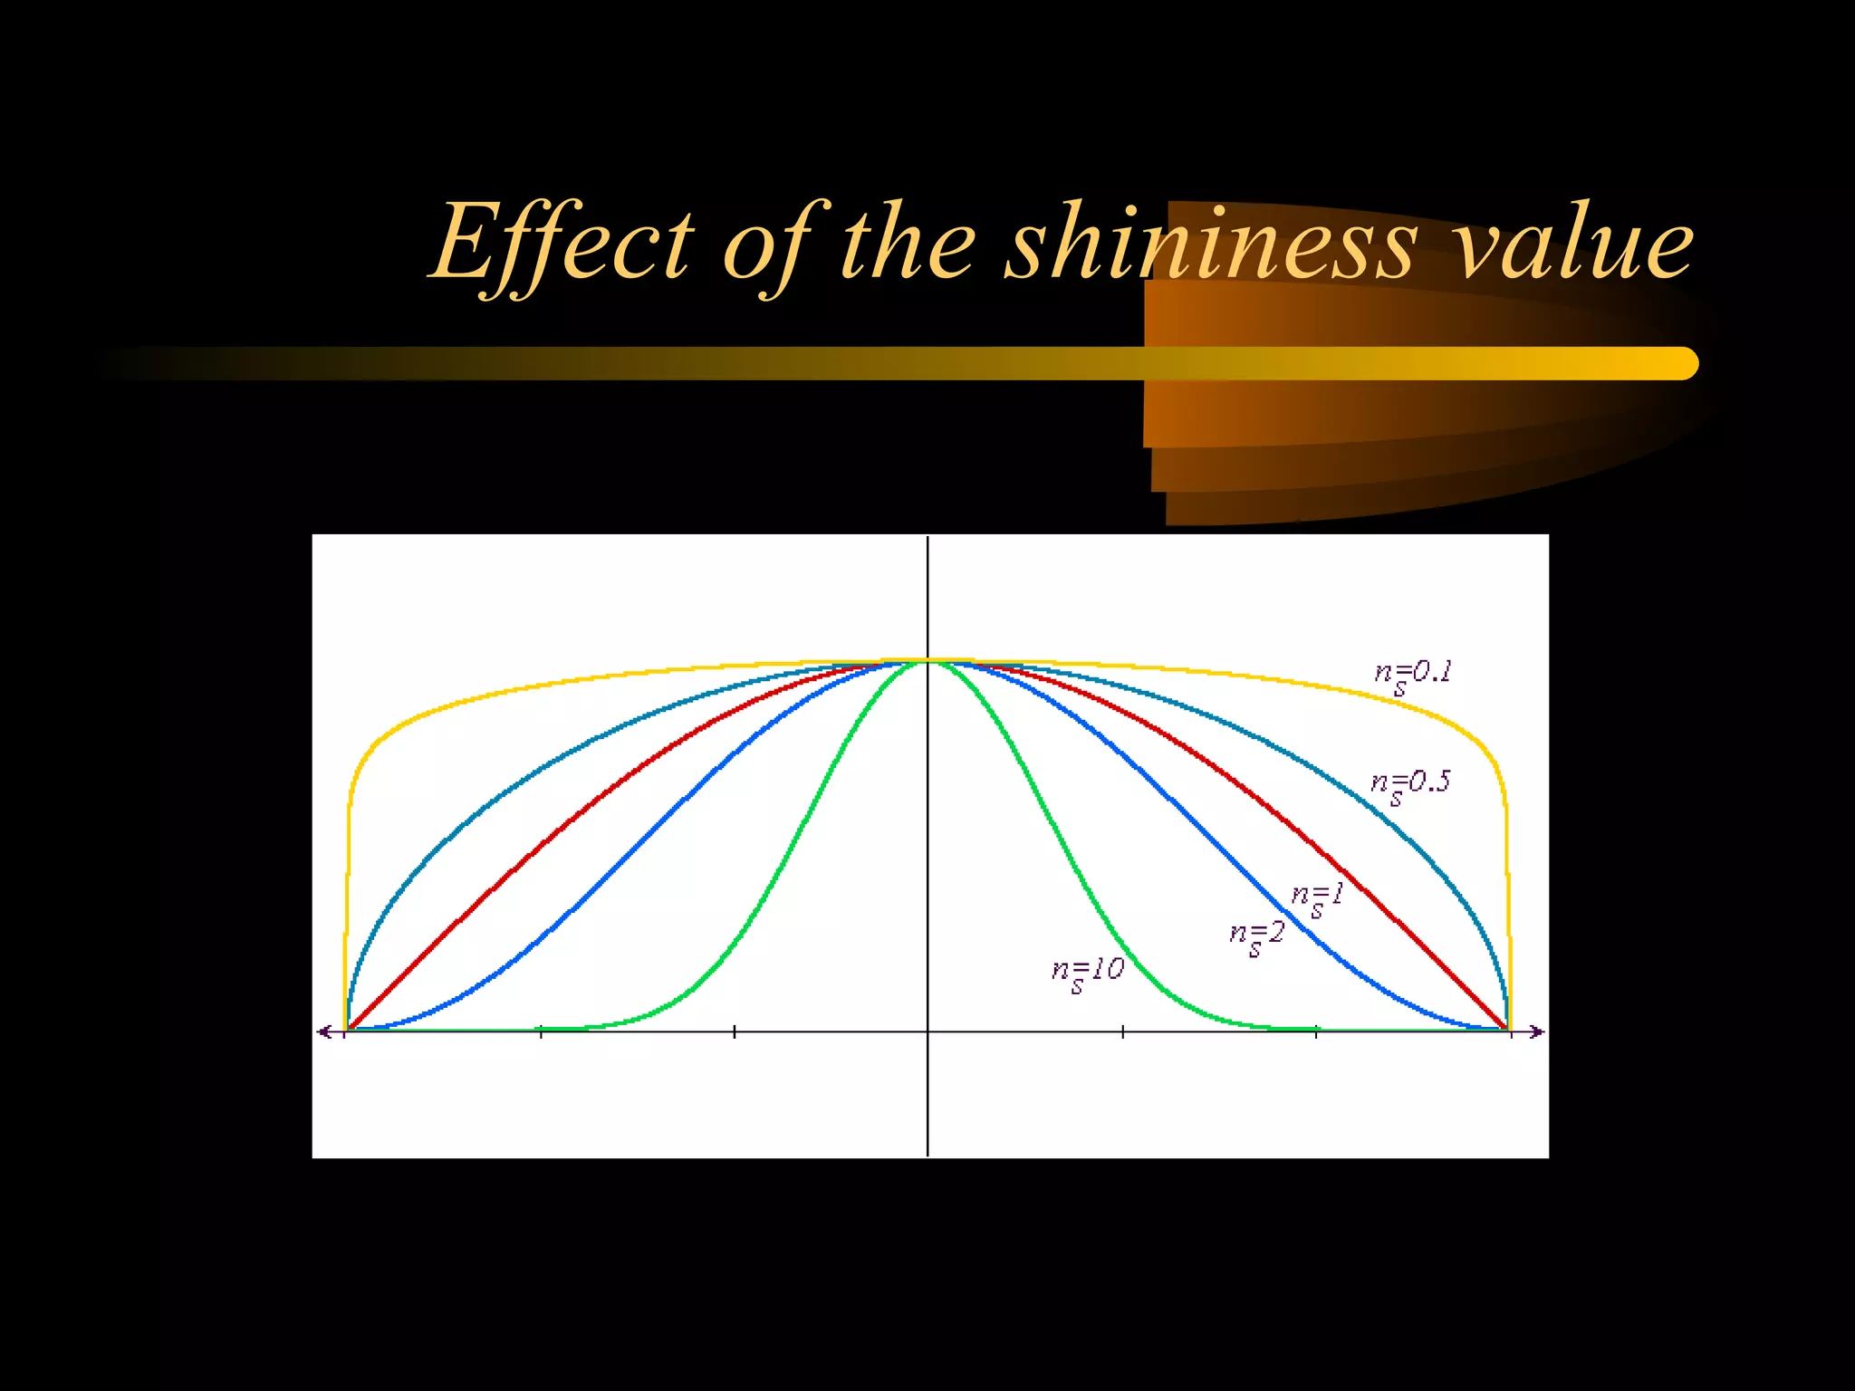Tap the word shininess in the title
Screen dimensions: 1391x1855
pos(1210,243)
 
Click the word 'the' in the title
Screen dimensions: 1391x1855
pos(908,243)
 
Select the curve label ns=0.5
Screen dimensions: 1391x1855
pos(1410,785)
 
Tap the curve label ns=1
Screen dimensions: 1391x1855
pos(1318,899)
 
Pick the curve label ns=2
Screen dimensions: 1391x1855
pos(1257,936)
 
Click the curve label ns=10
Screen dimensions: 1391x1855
pos(1088,974)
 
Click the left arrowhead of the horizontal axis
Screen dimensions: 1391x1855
pos(322,1031)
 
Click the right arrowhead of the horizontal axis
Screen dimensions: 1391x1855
pos(1536,1031)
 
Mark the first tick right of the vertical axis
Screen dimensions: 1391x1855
pos(1123,1031)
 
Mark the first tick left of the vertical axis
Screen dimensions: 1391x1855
pos(735,1031)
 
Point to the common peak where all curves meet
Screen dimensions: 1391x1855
pos(927,662)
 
